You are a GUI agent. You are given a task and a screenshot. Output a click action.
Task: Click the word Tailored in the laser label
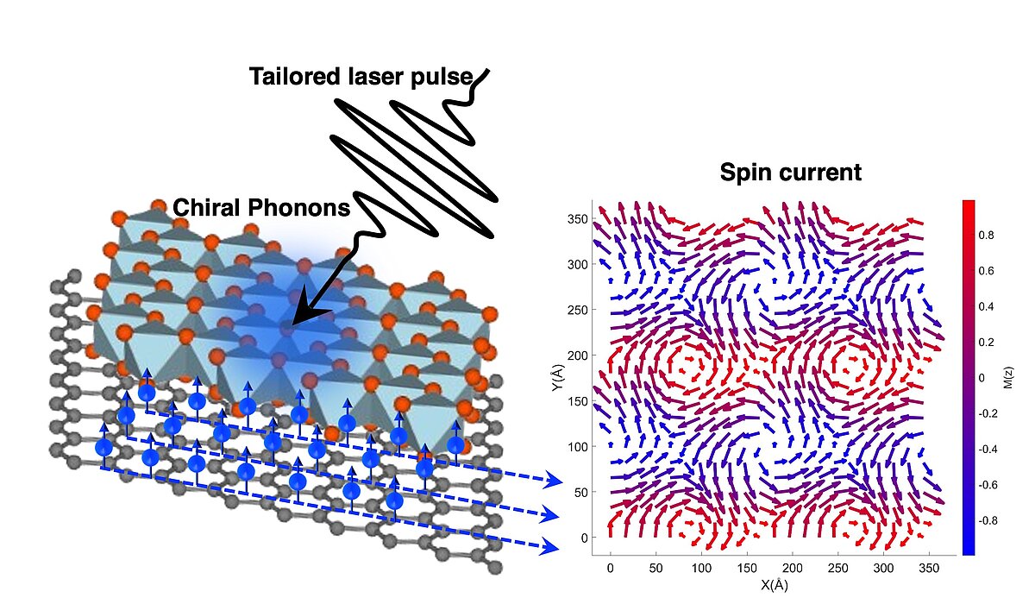(x=294, y=76)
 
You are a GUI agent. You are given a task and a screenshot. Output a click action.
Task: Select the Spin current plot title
(x=791, y=173)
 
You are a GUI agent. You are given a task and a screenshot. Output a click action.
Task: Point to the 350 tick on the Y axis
(x=578, y=219)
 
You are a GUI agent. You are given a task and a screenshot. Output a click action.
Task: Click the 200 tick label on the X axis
(x=792, y=568)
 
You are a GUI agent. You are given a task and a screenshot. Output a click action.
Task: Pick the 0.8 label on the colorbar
(x=986, y=236)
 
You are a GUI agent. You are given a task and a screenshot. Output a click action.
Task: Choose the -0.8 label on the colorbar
(x=988, y=521)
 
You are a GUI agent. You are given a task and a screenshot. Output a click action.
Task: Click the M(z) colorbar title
(x=1008, y=378)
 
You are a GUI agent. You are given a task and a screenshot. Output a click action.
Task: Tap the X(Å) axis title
(x=774, y=585)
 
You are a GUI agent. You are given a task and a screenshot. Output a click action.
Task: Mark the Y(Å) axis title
(x=558, y=378)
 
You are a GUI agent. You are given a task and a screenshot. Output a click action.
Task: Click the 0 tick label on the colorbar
(x=982, y=378)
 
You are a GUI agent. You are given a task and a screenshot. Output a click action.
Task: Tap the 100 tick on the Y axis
(x=578, y=447)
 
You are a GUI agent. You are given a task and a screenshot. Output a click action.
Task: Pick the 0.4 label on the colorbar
(x=986, y=306)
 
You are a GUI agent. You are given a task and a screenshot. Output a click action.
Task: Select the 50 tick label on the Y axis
(x=580, y=492)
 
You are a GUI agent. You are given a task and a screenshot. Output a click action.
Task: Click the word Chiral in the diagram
(x=208, y=208)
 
